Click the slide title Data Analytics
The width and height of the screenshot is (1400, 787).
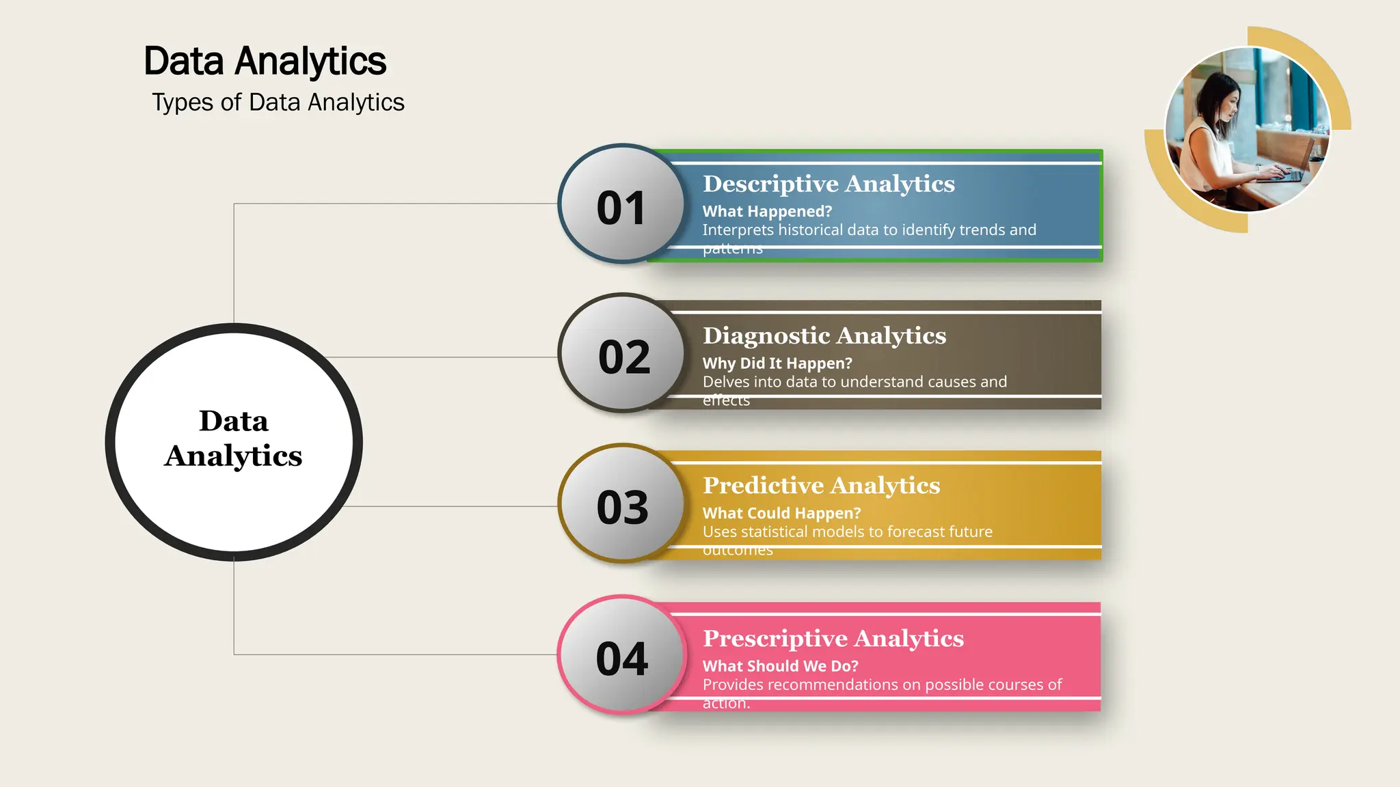(x=265, y=61)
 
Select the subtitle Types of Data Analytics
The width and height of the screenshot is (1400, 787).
(x=278, y=102)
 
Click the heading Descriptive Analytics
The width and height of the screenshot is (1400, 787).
(x=829, y=184)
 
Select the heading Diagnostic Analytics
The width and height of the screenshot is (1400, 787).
(x=824, y=335)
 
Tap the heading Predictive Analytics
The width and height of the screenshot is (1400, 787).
(x=822, y=485)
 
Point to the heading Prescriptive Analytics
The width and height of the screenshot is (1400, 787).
(x=833, y=638)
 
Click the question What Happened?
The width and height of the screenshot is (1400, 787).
(x=767, y=212)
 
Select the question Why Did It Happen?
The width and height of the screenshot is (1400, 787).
(x=777, y=363)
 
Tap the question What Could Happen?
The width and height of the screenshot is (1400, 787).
(x=781, y=513)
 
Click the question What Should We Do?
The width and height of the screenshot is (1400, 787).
(x=780, y=666)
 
